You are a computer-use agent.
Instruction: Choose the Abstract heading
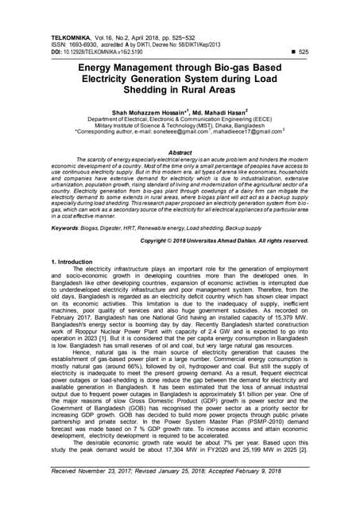[x=180, y=152]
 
